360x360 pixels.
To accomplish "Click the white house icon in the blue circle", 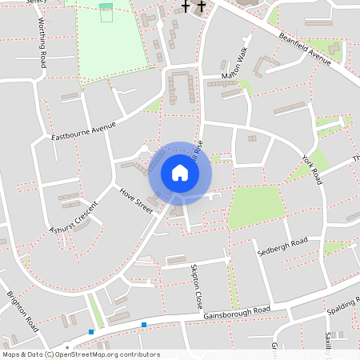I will [x=180, y=172].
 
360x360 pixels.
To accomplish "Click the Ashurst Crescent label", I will [x=73, y=217].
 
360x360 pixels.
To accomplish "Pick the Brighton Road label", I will [x=23, y=311].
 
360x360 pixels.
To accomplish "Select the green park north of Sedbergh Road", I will [x=256, y=206].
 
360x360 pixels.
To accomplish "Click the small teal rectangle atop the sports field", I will [x=106, y=6].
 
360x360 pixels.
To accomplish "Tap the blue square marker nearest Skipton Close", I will [x=144, y=324].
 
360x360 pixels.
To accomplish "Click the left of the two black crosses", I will [x=186, y=7].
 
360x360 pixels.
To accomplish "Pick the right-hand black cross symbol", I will [x=200, y=7].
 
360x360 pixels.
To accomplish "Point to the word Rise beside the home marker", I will [x=198, y=149].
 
